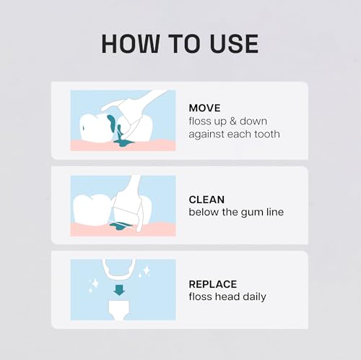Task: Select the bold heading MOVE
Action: [204, 108]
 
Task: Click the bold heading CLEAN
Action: [206, 199]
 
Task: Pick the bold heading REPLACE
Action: [212, 283]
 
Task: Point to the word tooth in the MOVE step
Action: [265, 134]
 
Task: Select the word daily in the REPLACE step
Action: [253, 296]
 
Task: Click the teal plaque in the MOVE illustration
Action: [112, 127]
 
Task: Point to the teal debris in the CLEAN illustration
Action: [117, 228]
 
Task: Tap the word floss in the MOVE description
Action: [199, 121]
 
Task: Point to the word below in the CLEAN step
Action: [203, 212]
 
